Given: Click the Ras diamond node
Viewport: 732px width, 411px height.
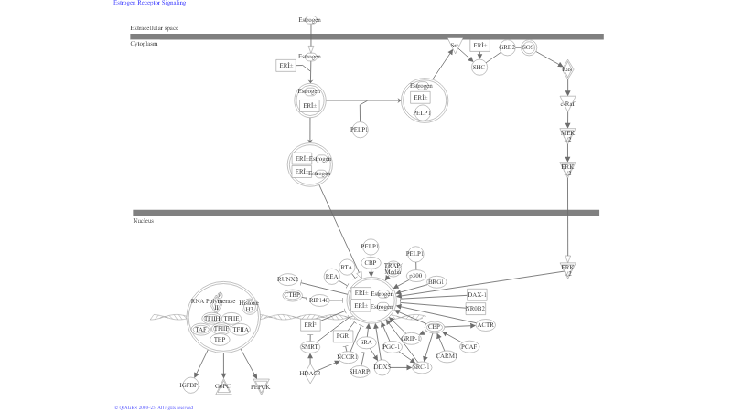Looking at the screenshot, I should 567,69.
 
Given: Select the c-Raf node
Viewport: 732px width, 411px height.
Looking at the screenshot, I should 567,103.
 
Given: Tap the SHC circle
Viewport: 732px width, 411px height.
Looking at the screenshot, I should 479,67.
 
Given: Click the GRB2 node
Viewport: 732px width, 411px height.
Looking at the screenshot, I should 507,47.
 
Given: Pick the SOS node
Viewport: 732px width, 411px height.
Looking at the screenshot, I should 528,47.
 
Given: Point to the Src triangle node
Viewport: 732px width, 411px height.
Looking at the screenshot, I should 455,45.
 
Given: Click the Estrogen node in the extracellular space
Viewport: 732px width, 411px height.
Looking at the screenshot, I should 310,19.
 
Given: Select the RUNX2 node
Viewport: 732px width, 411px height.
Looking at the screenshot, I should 288,279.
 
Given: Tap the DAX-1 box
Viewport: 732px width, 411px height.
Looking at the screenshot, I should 477,295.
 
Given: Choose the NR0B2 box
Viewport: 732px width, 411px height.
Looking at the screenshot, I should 475,309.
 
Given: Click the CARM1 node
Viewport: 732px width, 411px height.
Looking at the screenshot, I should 447,355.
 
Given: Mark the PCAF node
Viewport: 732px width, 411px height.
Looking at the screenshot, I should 469,346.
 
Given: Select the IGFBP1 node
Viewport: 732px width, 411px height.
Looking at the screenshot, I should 190,386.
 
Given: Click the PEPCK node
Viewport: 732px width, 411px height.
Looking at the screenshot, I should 261,386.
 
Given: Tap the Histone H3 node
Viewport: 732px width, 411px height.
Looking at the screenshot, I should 249,306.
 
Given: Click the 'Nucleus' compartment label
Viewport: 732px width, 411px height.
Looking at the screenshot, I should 143,221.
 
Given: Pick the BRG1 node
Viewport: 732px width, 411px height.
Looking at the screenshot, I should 436,282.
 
